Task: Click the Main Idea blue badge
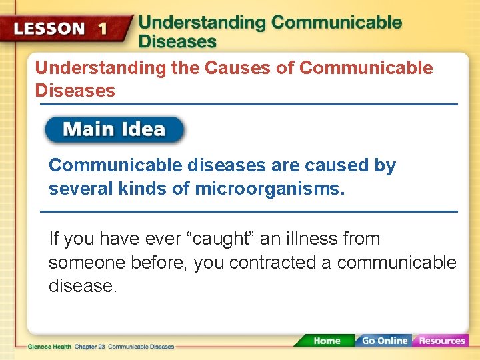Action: tap(114, 129)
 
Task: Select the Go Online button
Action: tap(383, 341)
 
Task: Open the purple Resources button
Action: tap(441, 341)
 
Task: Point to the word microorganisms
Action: tap(269, 189)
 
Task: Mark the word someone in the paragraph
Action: tap(83, 263)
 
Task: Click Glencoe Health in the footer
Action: tap(49, 347)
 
